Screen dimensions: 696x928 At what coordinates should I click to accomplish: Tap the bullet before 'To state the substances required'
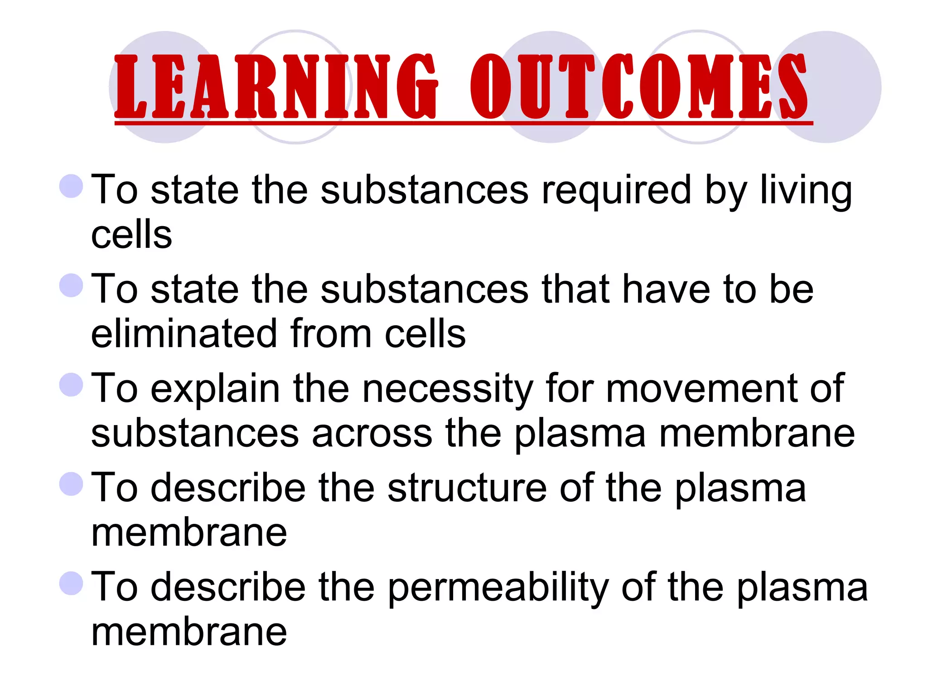tap(72, 186)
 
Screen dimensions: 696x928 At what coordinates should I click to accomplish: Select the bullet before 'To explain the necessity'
tap(72, 384)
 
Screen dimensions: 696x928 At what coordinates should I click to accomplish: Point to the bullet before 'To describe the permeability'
tap(72, 583)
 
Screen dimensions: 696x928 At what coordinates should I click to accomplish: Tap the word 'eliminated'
tap(184, 334)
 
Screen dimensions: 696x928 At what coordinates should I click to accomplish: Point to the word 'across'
tap(372, 434)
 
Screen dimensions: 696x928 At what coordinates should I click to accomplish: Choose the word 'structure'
tap(467, 488)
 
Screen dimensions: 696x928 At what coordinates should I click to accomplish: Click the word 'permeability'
tap(498, 588)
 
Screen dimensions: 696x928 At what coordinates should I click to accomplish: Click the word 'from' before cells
tap(331, 334)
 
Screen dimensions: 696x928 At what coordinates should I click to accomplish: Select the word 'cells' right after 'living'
tap(131, 236)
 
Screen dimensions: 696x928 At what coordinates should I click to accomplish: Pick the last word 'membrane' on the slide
tap(189, 633)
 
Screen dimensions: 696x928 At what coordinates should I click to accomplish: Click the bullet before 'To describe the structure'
tap(72, 483)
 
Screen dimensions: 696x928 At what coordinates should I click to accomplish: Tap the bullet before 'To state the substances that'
tap(72, 285)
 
